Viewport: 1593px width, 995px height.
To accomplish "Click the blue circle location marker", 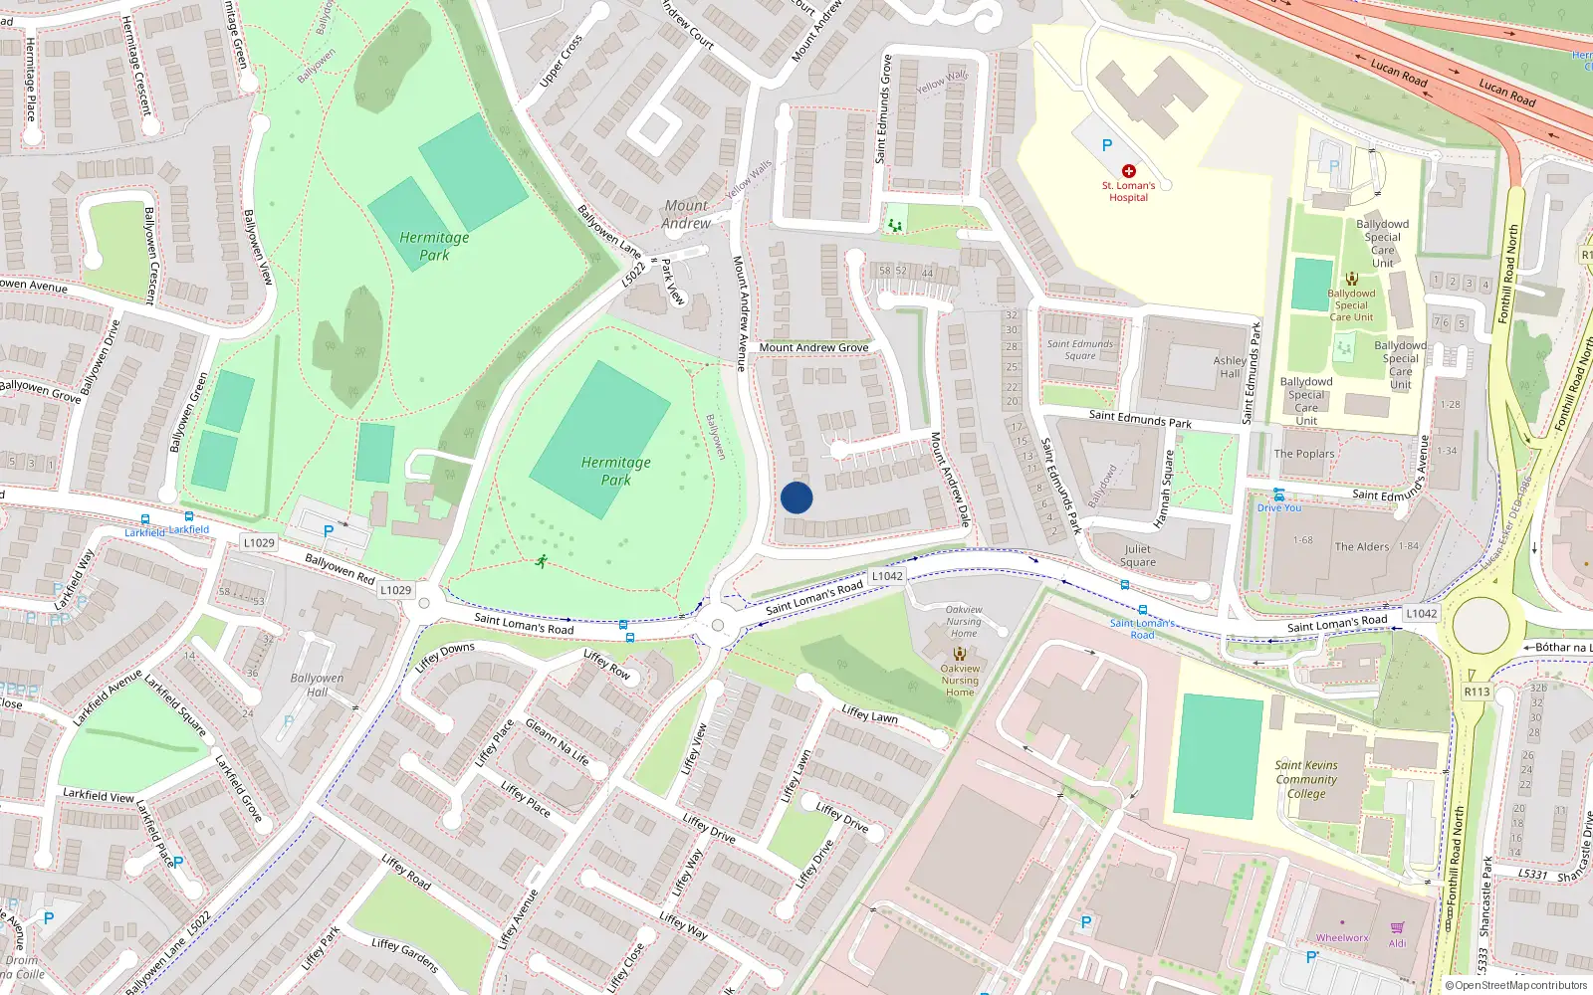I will [796, 497].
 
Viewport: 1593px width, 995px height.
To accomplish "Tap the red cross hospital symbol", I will [1128, 171].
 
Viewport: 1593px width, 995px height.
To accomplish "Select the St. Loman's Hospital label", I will [1128, 191].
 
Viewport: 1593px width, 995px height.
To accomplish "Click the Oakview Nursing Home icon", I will [960, 654].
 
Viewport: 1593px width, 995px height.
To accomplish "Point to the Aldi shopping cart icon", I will [1398, 927].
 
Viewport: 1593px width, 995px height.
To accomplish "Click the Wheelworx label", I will [1342, 938].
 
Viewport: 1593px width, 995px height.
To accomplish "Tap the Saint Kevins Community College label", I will [1306, 779].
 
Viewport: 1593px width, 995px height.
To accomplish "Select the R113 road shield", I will [1477, 692].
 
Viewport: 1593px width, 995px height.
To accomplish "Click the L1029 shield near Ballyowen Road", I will [395, 590].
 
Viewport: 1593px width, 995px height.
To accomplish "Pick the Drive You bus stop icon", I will [1278, 495].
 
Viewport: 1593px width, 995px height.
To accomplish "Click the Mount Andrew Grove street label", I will [813, 347].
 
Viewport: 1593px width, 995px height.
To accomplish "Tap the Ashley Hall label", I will [1230, 367].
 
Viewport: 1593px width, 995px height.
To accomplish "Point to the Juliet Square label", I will [1137, 555].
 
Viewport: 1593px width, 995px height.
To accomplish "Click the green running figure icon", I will [541, 562].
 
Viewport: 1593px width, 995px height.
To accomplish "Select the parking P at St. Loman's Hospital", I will [1106, 145].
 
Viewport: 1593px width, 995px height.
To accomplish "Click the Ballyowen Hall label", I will [317, 685].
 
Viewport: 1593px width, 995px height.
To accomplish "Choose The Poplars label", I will [1304, 454].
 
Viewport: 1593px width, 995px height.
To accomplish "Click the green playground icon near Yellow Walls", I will [895, 226].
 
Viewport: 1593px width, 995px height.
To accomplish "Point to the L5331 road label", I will [1533, 874].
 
